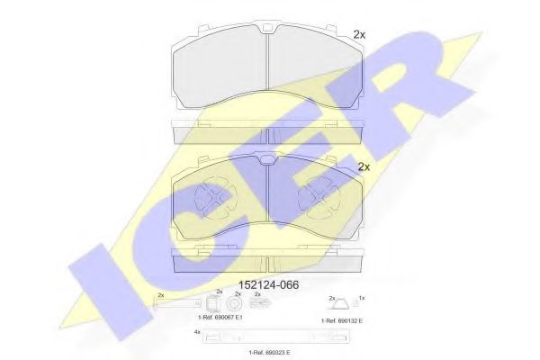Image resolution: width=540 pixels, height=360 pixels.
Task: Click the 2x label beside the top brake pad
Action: click(x=360, y=34)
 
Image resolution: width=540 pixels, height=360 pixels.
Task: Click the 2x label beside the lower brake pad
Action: click(x=364, y=166)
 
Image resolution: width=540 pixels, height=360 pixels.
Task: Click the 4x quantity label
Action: click(x=196, y=332)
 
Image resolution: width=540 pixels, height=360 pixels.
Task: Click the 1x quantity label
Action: click(x=362, y=297)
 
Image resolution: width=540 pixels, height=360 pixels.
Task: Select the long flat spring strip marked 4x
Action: click(x=269, y=338)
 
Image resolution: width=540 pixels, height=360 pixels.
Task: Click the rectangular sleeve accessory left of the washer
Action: click(x=217, y=304)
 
